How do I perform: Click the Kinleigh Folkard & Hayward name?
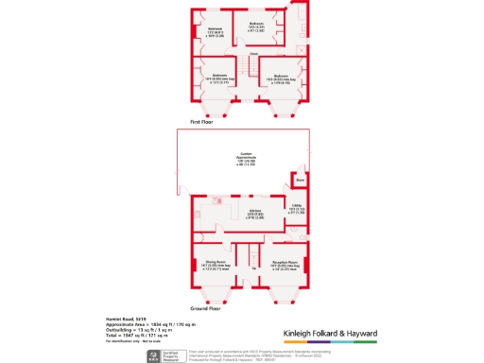(x=330, y=334)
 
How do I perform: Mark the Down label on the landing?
(x=253, y=67)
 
